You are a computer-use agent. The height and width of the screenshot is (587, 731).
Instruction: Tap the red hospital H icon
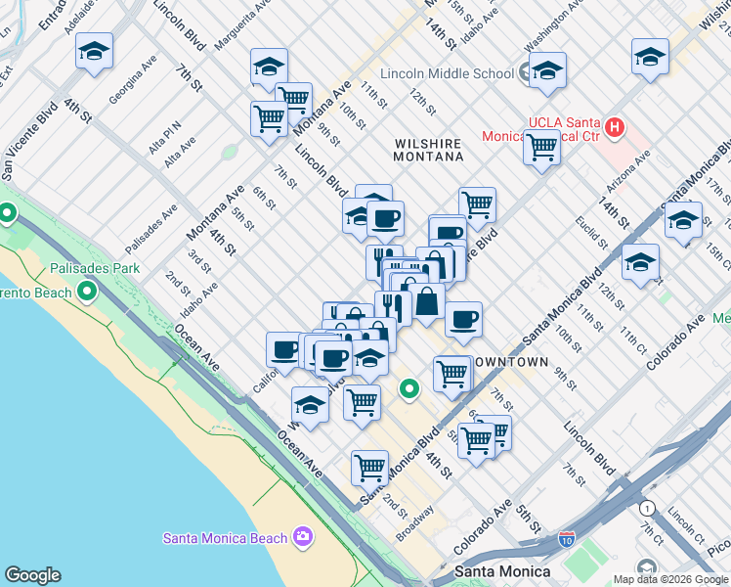[615, 126]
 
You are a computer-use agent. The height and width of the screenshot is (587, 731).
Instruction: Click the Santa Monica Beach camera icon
[303, 537]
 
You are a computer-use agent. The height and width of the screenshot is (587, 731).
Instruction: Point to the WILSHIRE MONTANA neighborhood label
[428, 150]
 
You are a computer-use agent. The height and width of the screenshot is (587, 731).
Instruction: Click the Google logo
[32, 575]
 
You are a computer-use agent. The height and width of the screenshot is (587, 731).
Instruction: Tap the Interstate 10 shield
[567, 539]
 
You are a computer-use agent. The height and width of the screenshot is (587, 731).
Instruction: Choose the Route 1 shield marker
[646, 508]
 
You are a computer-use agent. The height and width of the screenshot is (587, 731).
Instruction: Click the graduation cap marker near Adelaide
[94, 51]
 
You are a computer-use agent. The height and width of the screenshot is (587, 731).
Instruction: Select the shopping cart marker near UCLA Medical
[541, 148]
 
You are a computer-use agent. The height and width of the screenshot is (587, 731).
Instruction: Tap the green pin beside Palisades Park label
[87, 291]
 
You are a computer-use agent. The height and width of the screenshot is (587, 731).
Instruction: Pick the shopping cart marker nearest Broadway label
[369, 468]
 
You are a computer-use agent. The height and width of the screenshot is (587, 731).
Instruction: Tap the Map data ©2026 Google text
[670, 579]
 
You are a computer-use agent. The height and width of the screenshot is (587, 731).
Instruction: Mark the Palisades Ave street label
[151, 229]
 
